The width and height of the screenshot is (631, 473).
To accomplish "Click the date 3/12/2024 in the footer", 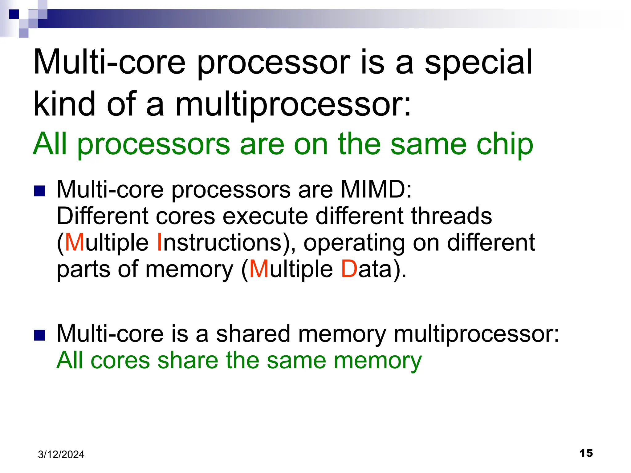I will [61, 455].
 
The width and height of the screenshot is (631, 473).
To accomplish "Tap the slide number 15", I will [586, 453].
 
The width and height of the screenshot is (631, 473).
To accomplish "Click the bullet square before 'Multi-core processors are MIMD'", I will [40, 191].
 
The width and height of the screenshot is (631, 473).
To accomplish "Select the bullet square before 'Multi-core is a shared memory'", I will [40, 335].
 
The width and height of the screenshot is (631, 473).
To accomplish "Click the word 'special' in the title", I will [478, 63].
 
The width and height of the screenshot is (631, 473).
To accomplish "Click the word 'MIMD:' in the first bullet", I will [376, 189].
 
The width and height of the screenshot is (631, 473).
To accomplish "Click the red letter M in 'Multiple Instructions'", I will [75, 243].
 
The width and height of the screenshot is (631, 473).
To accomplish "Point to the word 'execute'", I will [265, 216].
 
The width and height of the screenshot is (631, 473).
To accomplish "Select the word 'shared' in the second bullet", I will [253, 334].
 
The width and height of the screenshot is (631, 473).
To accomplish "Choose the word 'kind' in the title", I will [64, 105].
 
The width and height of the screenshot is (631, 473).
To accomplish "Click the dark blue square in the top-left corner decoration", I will [14, 14].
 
